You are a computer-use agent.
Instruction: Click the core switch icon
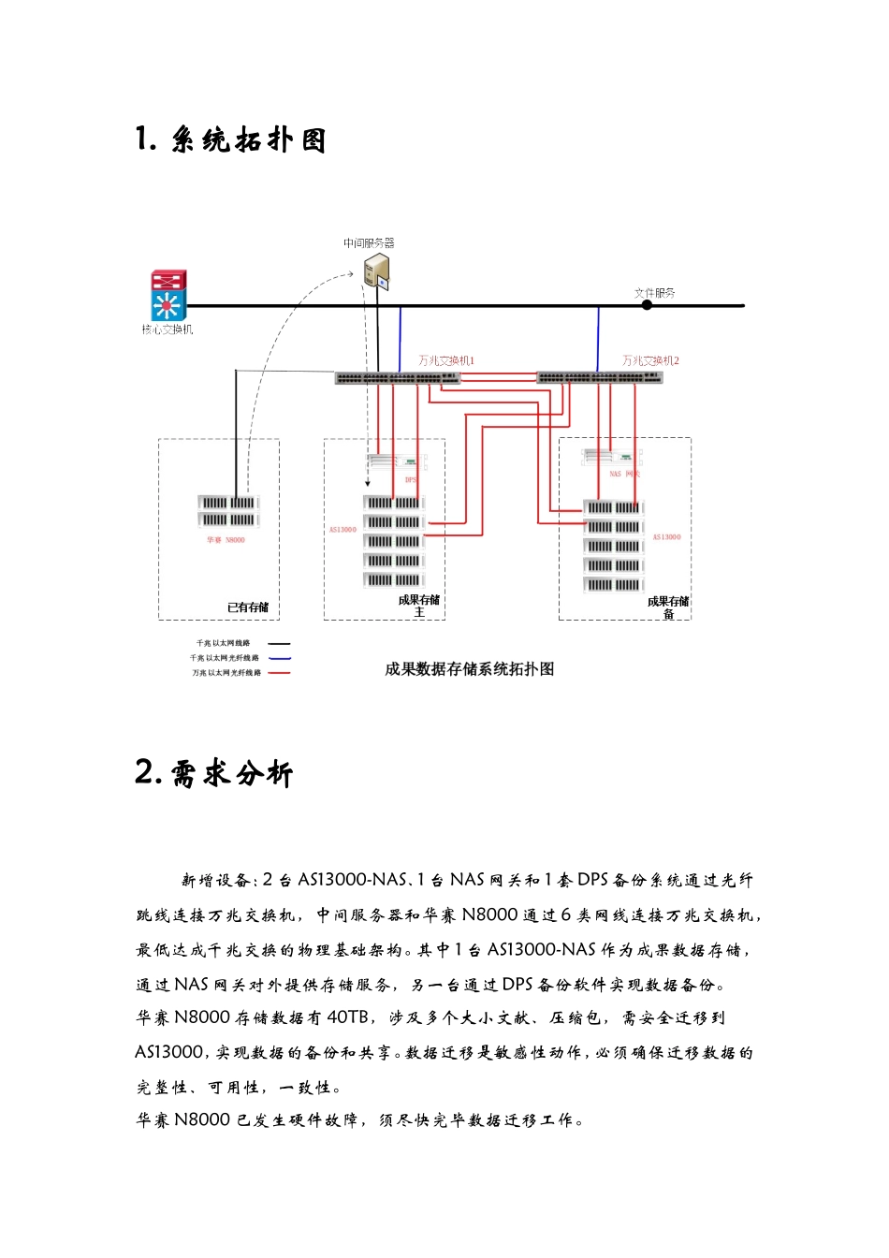168,296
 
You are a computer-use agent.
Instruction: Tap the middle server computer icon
377,271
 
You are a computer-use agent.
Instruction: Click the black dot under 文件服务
647,305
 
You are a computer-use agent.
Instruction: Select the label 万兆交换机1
446,360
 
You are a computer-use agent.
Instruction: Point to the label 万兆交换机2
650,360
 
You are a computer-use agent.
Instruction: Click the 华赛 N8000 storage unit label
226,540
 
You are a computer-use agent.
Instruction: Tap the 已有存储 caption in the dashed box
248,607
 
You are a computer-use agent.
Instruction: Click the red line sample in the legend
279,673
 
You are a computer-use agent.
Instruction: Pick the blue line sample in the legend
279,658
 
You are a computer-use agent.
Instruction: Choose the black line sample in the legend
279,643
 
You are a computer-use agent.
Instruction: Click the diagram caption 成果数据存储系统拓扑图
469,669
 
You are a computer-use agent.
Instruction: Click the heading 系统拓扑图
248,140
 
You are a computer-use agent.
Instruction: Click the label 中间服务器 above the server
369,243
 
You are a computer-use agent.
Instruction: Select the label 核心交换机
168,329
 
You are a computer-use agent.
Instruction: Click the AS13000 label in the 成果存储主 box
342,530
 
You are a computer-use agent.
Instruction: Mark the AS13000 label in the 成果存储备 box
666,537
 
